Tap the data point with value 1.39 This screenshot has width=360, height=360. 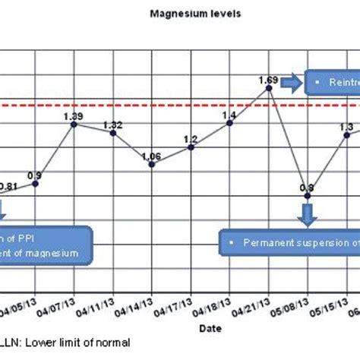(74, 123)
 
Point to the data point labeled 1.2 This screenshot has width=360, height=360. (191, 147)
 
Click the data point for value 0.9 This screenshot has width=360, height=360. (35, 183)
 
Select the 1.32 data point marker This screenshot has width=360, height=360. (112, 133)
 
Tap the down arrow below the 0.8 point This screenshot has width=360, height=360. (308, 216)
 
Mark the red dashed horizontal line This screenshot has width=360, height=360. (152, 103)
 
